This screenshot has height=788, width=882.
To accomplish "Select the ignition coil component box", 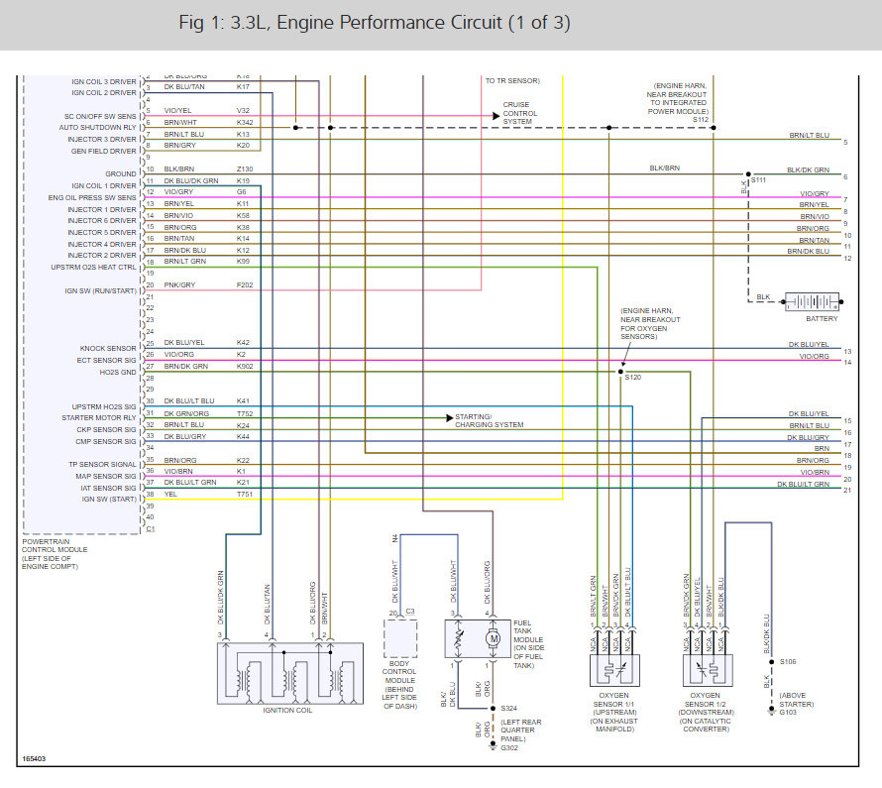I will (289, 673).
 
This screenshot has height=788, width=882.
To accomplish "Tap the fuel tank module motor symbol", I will (493, 638).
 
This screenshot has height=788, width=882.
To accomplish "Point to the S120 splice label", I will (632, 378).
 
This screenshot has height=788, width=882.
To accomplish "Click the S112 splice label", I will (702, 120).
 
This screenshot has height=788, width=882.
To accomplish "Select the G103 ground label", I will (790, 711).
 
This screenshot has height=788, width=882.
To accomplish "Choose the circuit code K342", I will (244, 122).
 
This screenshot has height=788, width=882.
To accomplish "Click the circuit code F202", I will (244, 285).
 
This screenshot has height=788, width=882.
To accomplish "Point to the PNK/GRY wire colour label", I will (179, 285).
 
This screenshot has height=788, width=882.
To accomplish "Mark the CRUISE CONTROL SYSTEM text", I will (520, 114).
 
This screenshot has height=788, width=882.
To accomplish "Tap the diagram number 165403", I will (34, 760).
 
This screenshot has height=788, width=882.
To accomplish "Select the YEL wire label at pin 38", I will (170, 494).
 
